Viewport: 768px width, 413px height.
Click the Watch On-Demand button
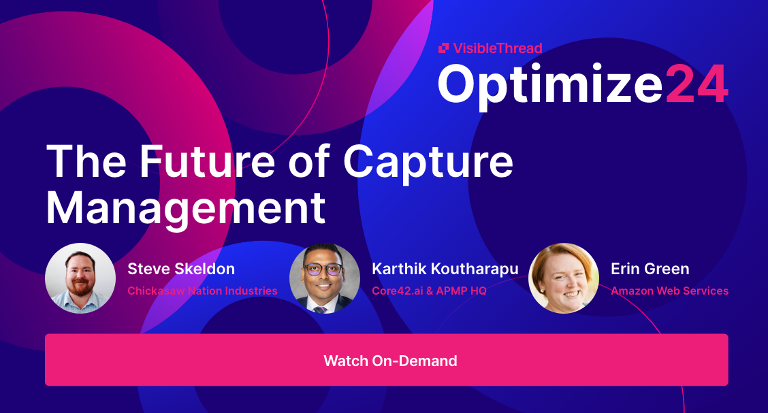(386, 360)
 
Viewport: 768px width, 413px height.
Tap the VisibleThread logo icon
(443, 48)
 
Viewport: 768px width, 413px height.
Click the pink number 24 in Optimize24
(697, 84)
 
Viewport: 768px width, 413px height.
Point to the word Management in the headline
(185, 208)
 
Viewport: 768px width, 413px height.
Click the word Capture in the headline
(428, 162)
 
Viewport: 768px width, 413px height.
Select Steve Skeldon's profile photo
(80, 278)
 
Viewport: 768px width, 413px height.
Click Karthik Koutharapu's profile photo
(325, 278)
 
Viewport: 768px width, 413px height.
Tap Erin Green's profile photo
(564, 278)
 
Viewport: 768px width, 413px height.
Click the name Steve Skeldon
(181, 269)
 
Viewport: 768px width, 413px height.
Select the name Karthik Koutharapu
(445, 269)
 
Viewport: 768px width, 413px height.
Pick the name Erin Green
(650, 269)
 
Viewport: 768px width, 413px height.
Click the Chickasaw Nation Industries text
(202, 291)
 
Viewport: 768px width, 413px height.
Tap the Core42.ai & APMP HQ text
(430, 291)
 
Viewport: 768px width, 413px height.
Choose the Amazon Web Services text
(669, 291)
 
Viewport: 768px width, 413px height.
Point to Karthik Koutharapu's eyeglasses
(325, 269)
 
